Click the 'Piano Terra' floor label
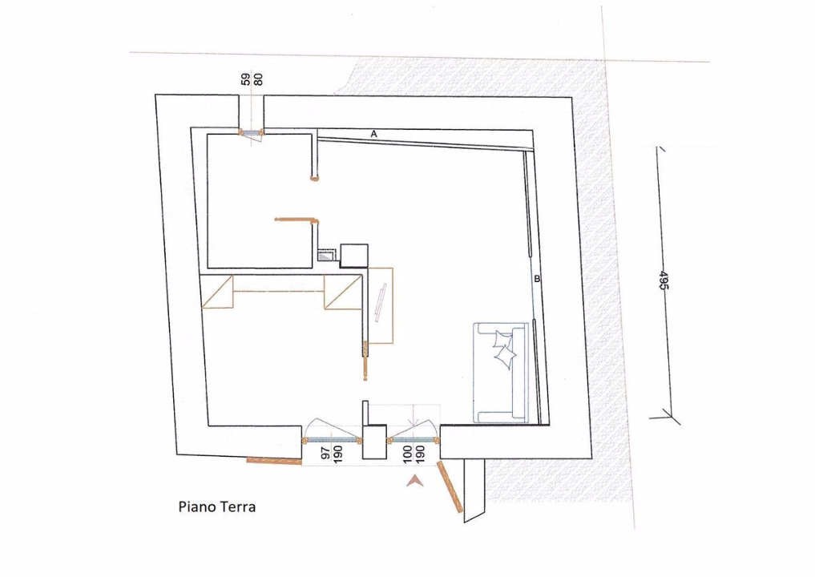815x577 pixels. pyautogui.click(x=216, y=506)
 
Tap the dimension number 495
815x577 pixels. pyautogui.click(x=664, y=280)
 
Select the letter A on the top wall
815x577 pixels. pyautogui.click(x=373, y=134)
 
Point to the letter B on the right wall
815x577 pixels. pyautogui.click(x=537, y=279)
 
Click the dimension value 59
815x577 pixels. pyautogui.click(x=246, y=79)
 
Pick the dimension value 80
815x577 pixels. pyautogui.click(x=258, y=79)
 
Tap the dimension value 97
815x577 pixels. pyautogui.click(x=325, y=453)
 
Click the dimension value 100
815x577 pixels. pyautogui.click(x=407, y=454)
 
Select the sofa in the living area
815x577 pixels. pyautogui.click(x=501, y=372)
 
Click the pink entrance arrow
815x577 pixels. pyautogui.click(x=415, y=482)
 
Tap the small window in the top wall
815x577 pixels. pyautogui.click(x=252, y=132)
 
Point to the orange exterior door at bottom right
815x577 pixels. pyautogui.click(x=450, y=487)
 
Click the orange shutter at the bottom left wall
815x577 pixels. pyautogui.click(x=274, y=461)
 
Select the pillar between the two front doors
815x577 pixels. pyautogui.click(x=374, y=442)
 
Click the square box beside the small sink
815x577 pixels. pyautogui.click(x=354, y=256)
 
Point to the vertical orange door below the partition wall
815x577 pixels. pyautogui.click(x=365, y=361)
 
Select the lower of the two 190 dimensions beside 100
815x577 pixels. pyautogui.click(x=421, y=454)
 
